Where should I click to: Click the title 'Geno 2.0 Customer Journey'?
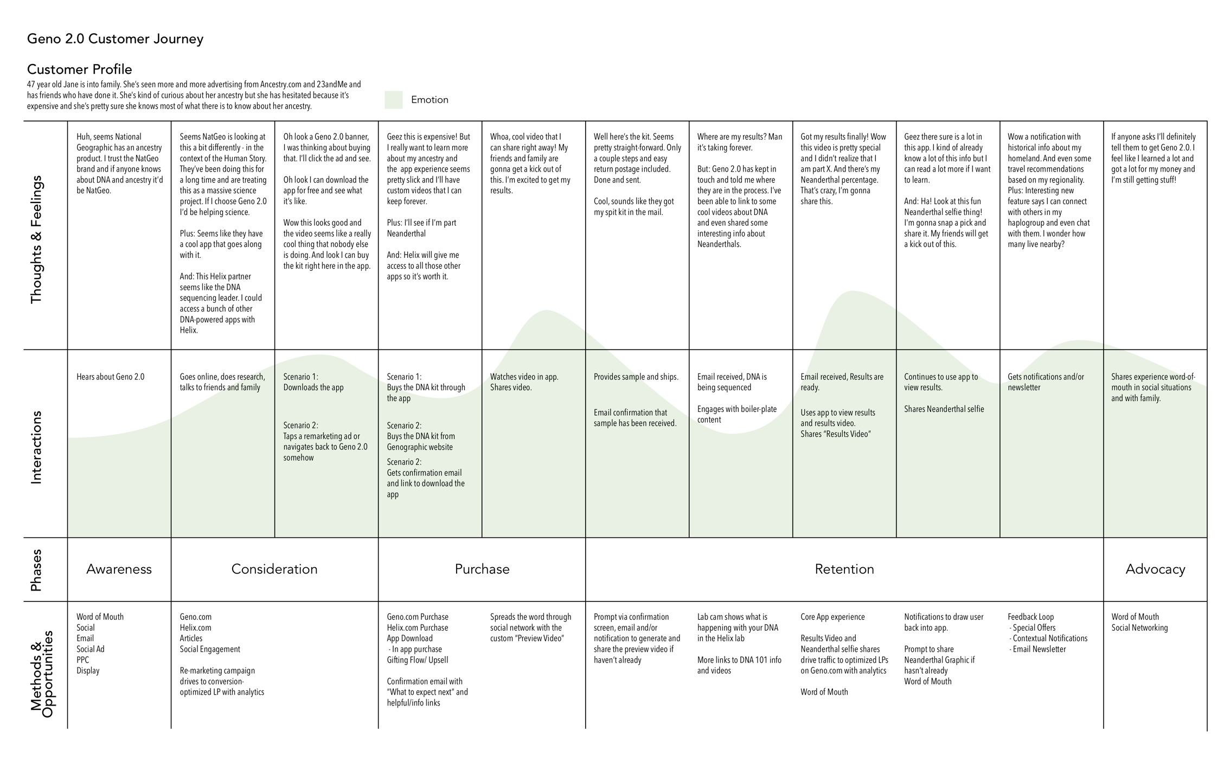coord(115,39)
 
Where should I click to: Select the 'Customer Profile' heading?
coord(79,69)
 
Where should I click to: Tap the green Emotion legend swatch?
coord(393,100)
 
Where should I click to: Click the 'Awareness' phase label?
coord(119,569)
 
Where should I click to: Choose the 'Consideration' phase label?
coord(274,569)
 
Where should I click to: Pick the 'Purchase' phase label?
coord(482,569)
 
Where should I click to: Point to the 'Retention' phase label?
coord(844,569)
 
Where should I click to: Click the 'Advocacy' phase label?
coord(1155,569)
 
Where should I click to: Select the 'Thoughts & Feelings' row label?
coord(36,239)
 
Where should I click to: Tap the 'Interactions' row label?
coord(36,447)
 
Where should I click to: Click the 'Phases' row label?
coord(36,570)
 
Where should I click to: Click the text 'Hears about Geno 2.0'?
coord(110,377)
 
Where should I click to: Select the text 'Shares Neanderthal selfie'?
coord(943,409)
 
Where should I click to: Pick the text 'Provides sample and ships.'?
coord(636,377)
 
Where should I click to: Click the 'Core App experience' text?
coord(832,617)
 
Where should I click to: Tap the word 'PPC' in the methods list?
coord(82,660)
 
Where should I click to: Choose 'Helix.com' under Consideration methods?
coord(195,628)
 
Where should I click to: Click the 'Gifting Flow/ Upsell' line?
coord(417,660)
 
